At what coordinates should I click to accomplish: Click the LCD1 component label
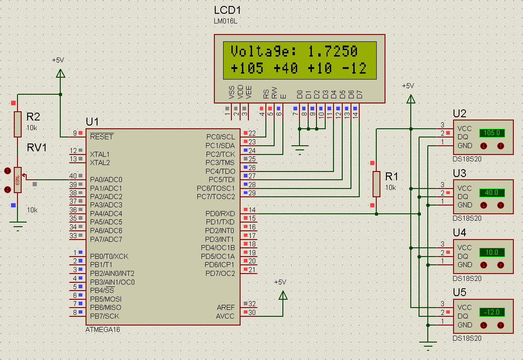tap(227, 10)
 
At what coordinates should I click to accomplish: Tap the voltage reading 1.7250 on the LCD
tap(333, 51)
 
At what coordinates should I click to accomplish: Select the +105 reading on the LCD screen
tap(247, 68)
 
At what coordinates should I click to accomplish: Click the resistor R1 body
tap(376, 184)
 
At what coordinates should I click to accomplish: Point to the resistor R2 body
tap(17, 124)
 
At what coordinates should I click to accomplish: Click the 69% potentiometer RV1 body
tap(17, 180)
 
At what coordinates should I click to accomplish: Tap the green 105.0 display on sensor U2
tap(492, 133)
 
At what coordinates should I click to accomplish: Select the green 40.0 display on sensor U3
tap(492, 193)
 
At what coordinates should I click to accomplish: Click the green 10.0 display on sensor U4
tap(492, 252)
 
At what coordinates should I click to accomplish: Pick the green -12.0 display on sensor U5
tap(492, 312)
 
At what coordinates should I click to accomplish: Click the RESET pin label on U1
tap(102, 137)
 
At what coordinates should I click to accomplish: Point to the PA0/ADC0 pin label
tap(106, 180)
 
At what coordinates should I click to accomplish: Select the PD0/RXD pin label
tap(220, 214)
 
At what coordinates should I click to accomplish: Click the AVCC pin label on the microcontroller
tap(225, 316)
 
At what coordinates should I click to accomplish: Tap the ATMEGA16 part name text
tap(103, 330)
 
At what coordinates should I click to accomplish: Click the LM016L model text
tap(225, 21)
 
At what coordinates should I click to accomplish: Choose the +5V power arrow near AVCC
tap(283, 295)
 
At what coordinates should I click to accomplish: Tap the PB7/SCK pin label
tap(104, 316)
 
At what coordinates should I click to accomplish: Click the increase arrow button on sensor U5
tap(500, 326)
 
